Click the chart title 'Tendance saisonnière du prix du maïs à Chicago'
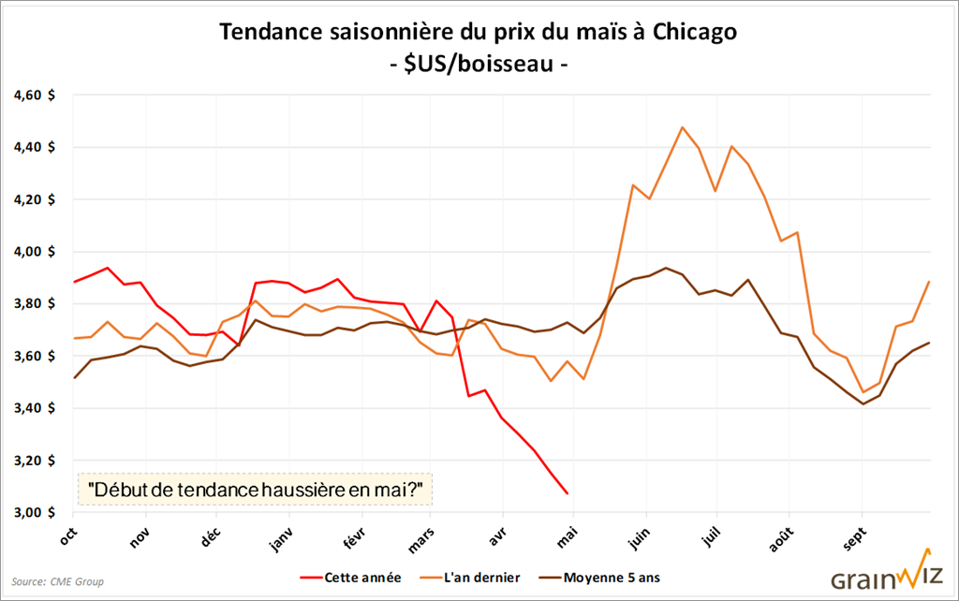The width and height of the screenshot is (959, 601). coord(479,32)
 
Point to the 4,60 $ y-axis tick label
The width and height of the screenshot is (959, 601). coord(35,95)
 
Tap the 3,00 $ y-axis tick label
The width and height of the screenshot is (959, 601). coord(35,512)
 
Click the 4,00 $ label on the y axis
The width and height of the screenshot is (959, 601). coord(35,252)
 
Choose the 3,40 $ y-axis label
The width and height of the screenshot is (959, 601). coord(35,408)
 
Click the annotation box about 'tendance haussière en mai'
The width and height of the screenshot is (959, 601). coord(253,489)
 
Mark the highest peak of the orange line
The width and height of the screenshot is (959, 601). coord(682,127)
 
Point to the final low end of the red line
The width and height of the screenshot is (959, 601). coord(567,493)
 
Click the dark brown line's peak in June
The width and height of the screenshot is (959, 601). coord(665,268)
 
